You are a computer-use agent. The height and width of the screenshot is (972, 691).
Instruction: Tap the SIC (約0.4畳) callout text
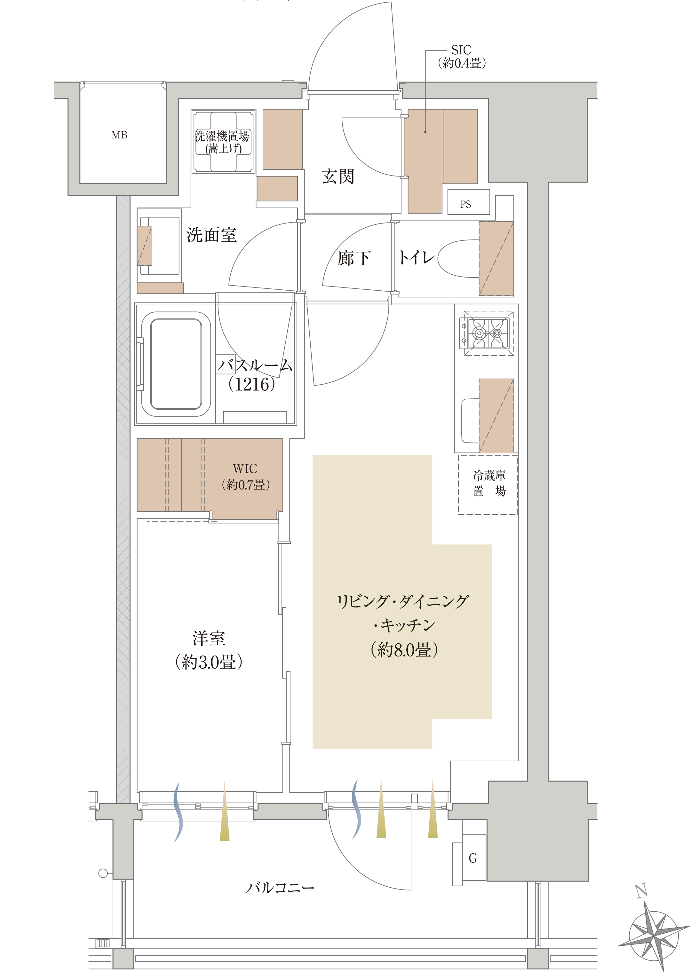coord(462,57)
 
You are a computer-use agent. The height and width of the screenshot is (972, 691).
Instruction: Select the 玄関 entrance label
coord(338,176)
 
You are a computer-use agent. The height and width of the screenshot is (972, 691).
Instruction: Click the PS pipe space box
coord(468,202)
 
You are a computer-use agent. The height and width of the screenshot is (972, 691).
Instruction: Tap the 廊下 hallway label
coord(354,258)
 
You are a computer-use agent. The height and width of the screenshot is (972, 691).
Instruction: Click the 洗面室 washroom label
coord(211,235)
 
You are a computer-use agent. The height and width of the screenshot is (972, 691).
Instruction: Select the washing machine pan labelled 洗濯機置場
coord(223,142)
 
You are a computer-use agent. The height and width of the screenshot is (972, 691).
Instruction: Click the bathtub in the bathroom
coord(176,364)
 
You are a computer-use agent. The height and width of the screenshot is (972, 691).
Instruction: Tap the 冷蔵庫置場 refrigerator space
coord(488,484)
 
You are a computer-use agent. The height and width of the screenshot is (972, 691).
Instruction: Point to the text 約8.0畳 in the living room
coord(404,650)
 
